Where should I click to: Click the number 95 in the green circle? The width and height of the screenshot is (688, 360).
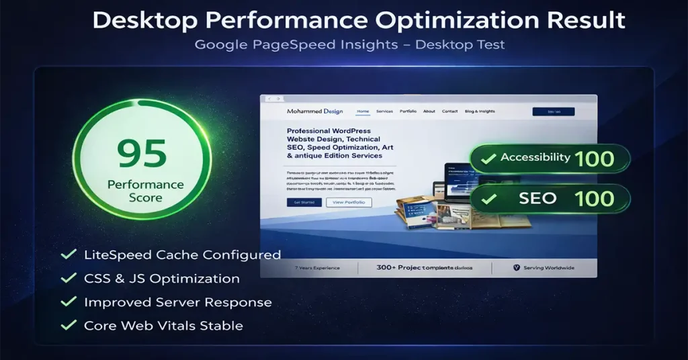click(x=142, y=154)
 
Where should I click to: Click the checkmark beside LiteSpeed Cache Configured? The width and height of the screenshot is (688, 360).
click(x=68, y=255)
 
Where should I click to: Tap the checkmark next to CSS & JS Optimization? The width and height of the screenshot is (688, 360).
click(x=68, y=279)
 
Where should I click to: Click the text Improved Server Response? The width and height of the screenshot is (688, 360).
click(x=177, y=302)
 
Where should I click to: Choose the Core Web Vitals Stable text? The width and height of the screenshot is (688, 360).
click(x=163, y=326)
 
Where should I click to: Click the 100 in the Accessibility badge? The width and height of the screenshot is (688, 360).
click(x=595, y=159)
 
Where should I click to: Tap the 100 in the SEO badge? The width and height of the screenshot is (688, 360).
click(x=595, y=198)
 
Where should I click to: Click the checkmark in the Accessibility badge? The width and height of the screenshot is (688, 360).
click(x=486, y=159)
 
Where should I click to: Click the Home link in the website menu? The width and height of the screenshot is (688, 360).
click(x=363, y=111)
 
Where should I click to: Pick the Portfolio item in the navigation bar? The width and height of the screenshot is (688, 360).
click(x=408, y=111)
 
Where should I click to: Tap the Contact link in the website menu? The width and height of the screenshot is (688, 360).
click(x=450, y=111)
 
